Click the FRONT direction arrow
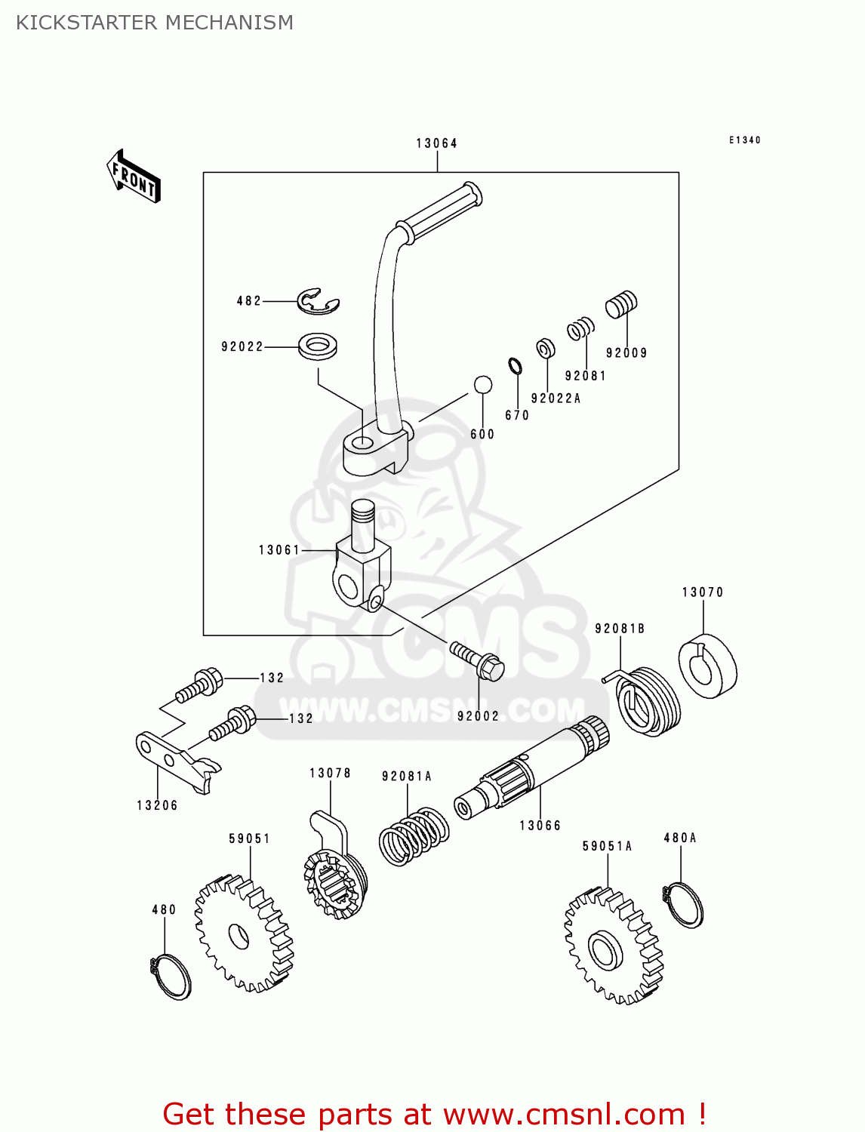tap(134, 177)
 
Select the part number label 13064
tap(436, 143)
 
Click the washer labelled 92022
tap(318, 346)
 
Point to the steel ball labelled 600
tap(483, 385)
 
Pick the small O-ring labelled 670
tap(516, 367)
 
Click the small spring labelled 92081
tap(580, 329)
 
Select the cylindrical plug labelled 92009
tap(621, 305)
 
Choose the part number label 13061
tap(279, 550)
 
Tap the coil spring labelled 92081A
tap(414, 836)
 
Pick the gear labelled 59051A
tap(612, 946)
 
